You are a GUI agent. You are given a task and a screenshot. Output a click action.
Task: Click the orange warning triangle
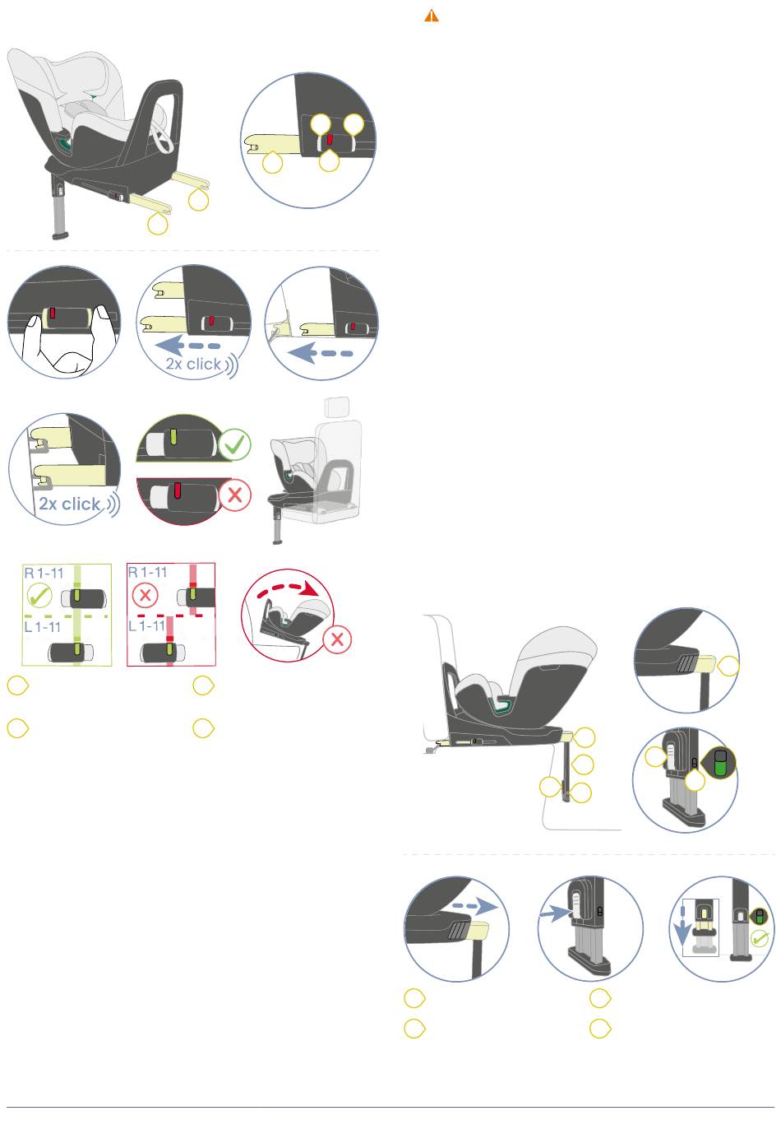[431, 16]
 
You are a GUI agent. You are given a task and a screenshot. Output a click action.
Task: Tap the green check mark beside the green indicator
[234, 444]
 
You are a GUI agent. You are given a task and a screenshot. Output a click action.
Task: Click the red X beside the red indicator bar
[234, 495]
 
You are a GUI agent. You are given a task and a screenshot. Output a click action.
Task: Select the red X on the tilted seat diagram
[337, 639]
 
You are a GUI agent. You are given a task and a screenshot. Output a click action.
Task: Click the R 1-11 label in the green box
[44, 573]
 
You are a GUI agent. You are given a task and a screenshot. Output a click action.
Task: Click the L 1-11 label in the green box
[43, 627]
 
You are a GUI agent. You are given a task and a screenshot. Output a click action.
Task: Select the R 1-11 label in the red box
[147, 572]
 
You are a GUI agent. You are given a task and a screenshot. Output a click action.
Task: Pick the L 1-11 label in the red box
[146, 625]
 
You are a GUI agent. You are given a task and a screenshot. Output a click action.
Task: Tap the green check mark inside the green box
[39, 595]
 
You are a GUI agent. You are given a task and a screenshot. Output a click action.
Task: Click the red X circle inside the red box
[146, 595]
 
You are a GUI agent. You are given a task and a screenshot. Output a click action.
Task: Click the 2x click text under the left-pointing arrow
[194, 364]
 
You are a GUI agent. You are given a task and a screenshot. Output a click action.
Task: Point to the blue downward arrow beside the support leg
[683, 927]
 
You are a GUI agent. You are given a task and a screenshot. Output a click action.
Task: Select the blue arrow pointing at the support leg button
[556, 913]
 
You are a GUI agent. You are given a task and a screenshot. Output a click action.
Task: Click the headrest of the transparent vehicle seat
[336, 407]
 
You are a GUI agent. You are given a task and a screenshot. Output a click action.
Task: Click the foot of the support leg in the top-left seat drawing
[61, 236]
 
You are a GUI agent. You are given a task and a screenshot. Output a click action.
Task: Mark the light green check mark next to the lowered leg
[760, 938]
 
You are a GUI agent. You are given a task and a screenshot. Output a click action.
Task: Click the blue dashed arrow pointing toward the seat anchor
[320, 353]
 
